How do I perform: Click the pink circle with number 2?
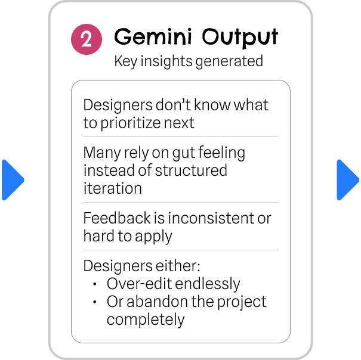coord(87,39)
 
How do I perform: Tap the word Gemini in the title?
coord(153,36)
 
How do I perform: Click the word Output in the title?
coord(240,38)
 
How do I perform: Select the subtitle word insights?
coord(166,61)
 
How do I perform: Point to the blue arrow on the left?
coord(13,180)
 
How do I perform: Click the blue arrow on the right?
coord(348,180)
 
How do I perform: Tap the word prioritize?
coord(131,123)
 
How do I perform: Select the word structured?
coord(191,170)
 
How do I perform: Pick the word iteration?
coord(112,188)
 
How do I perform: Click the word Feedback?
coord(117,218)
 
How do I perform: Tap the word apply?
coord(153,237)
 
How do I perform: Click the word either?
coord(178,266)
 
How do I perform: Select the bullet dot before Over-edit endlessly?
coord(95,284)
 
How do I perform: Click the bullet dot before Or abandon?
coord(95,302)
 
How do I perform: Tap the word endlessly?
coord(208,284)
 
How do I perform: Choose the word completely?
coord(146,320)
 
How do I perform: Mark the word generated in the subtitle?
coord(229,61)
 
